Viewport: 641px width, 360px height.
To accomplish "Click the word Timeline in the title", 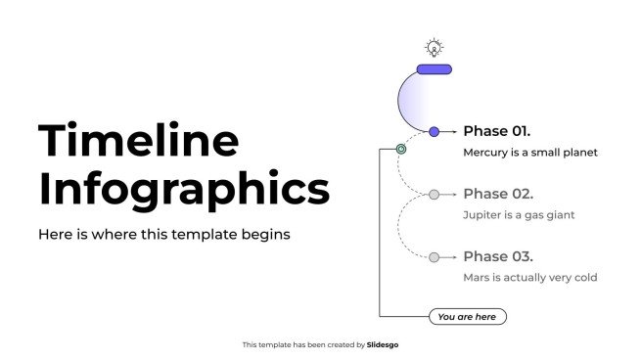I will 138,141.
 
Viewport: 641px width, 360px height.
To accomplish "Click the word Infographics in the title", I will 184,189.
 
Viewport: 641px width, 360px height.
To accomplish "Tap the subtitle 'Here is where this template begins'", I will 163,235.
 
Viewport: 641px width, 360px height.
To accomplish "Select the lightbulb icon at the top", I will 434,47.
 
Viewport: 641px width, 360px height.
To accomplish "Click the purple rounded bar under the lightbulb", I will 434,69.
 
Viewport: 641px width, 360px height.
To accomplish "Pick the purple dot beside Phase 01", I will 435,131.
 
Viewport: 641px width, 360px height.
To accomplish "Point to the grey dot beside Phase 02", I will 435,195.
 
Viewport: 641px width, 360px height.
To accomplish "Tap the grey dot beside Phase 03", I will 435,257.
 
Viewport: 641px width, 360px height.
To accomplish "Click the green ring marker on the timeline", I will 400,150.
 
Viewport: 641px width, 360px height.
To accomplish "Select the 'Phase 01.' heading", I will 496,131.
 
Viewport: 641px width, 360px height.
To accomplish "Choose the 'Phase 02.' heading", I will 497,194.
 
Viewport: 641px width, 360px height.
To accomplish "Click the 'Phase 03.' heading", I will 497,256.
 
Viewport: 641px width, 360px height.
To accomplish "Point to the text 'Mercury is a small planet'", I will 529,153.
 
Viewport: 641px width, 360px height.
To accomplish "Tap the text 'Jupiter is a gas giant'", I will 519,215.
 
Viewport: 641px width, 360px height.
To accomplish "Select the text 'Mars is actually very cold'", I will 529,278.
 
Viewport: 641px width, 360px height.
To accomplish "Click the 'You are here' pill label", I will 467,317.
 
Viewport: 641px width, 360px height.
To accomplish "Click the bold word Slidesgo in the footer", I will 383,344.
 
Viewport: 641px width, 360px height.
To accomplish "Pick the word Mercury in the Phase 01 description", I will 485,153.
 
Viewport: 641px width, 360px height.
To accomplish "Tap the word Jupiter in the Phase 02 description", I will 482,215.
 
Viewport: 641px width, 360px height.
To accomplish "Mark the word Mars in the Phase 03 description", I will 477,278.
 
